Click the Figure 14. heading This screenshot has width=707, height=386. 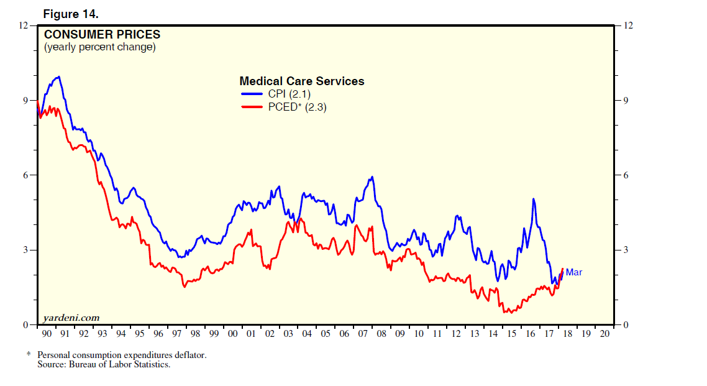(x=70, y=14)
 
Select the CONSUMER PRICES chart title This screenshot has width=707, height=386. (x=102, y=35)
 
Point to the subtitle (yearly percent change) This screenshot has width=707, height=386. (x=99, y=47)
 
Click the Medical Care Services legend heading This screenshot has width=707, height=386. (x=302, y=81)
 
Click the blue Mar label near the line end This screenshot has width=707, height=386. (x=573, y=272)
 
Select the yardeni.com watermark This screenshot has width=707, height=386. (x=71, y=318)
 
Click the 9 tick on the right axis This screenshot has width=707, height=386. (x=627, y=101)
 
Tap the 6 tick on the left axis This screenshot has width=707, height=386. (x=25, y=175)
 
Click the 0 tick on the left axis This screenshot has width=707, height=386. (x=25, y=325)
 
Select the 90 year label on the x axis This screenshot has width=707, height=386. (x=47, y=334)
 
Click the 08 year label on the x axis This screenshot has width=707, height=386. (x=381, y=334)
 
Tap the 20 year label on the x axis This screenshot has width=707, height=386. (x=605, y=334)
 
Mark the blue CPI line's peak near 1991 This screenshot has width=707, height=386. (x=58, y=77)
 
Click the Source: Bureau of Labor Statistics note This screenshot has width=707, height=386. (x=104, y=364)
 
